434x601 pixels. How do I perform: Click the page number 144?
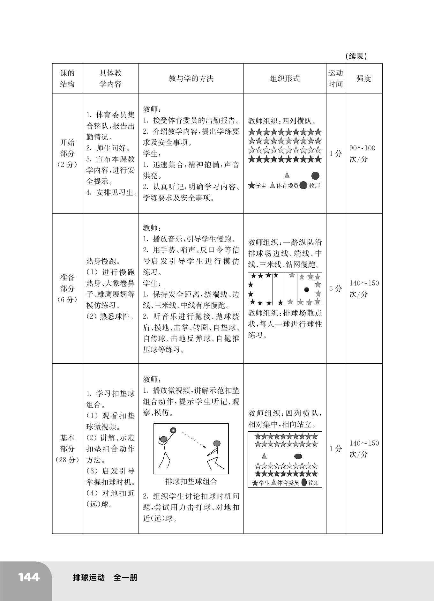tap(29, 577)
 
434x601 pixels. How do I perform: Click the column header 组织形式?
tap(285, 78)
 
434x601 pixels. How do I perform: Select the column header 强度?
tap(363, 78)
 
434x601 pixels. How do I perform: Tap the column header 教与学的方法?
tap(191, 78)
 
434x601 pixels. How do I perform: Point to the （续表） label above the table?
tap(356, 56)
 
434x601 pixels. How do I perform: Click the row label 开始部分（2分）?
tap(67, 153)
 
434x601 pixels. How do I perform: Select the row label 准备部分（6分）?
tap(67, 288)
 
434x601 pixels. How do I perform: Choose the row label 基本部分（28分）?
tap(67, 449)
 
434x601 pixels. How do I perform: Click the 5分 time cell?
tap(335, 288)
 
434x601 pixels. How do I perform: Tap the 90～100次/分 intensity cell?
tap(363, 153)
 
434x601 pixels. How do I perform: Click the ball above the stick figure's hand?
tap(173, 430)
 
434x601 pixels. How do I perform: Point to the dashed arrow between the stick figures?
tap(194, 440)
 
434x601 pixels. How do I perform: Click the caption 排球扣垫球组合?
tap(191, 481)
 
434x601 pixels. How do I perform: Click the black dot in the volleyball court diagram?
tap(307, 290)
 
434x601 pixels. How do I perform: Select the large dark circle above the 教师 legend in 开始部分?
tap(315, 176)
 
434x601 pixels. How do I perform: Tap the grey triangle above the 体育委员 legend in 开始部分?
tap(287, 175)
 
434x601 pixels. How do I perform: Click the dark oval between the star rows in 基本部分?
tap(298, 456)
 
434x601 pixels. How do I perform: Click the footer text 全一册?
tap(125, 578)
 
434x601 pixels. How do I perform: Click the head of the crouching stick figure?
tap(217, 443)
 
